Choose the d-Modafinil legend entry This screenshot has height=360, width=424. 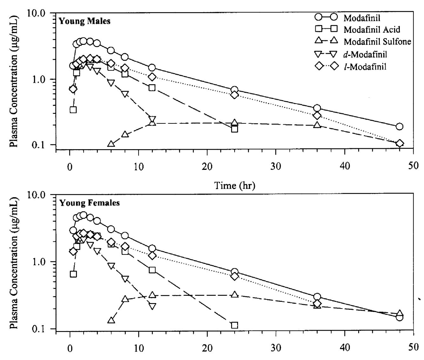(x=365, y=54)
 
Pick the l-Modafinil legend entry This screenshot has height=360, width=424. (x=365, y=66)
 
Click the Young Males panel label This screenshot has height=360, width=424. (x=85, y=21)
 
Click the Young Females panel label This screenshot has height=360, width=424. (x=89, y=203)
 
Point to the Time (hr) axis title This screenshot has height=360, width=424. (x=235, y=185)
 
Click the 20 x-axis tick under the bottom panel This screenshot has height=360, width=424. (x=207, y=347)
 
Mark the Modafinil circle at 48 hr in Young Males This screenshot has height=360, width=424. (x=400, y=127)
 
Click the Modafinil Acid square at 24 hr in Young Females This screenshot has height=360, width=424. (x=235, y=325)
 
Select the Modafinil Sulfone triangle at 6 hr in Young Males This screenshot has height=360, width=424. (x=111, y=144)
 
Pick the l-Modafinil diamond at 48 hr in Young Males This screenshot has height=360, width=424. (x=400, y=143)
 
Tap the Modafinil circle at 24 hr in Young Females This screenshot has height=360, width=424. (x=235, y=272)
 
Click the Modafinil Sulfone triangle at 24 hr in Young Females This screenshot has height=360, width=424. (x=235, y=294)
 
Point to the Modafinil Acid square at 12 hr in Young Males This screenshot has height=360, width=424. (x=152, y=87)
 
